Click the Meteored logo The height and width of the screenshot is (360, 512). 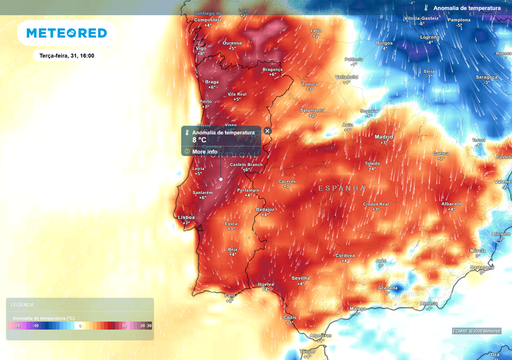(x=65, y=33)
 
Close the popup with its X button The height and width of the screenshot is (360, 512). (x=267, y=131)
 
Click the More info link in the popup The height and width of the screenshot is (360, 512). (x=205, y=151)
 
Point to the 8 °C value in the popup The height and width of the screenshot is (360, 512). (x=199, y=140)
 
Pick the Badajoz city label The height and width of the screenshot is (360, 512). (x=265, y=209)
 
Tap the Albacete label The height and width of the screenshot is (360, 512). (x=452, y=202)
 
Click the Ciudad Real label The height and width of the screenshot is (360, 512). (x=376, y=203)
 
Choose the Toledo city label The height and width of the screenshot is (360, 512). (x=372, y=162)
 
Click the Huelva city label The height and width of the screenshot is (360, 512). (x=267, y=284)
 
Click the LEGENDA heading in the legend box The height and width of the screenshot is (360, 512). (x=21, y=304)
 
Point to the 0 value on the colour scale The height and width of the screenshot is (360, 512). (x=79, y=325)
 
